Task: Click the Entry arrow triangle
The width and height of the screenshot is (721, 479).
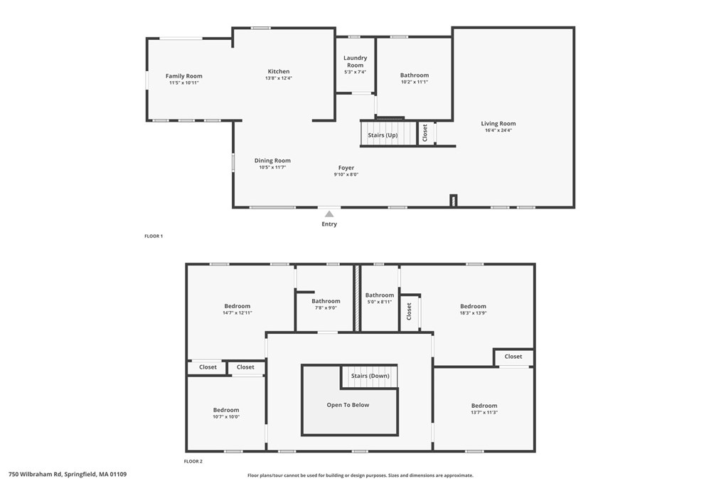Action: [329, 214]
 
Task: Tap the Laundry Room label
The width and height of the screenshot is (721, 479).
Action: [355, 62]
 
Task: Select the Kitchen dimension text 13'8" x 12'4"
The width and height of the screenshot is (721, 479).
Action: [279, 78]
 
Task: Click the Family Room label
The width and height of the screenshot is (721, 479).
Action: [184, 76]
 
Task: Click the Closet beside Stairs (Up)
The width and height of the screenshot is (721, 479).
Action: [425, 133]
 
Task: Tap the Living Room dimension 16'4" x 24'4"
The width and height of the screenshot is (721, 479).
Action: [498, 130]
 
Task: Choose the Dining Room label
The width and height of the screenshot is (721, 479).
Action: [272, 161]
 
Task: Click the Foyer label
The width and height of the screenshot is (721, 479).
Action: [346, 168]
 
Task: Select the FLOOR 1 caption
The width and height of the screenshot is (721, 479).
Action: [154, 236]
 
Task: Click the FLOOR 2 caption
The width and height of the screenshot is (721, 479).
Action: [193, 461]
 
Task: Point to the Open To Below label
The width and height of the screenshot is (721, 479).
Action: [348, 405]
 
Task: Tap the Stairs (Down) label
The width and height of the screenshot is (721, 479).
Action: [370, 376]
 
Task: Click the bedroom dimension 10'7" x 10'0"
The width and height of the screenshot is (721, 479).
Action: [226, 417]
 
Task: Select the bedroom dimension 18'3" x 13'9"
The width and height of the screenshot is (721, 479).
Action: [473, 313]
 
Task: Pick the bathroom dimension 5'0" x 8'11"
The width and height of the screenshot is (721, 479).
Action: [380, 302]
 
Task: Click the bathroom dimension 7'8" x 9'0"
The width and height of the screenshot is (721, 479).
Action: [326, 308]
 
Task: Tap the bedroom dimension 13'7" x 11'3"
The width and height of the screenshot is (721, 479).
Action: [484, 412]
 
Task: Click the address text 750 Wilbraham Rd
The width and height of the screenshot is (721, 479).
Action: [35, 474]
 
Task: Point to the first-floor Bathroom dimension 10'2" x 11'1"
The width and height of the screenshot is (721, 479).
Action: [415, 82]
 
